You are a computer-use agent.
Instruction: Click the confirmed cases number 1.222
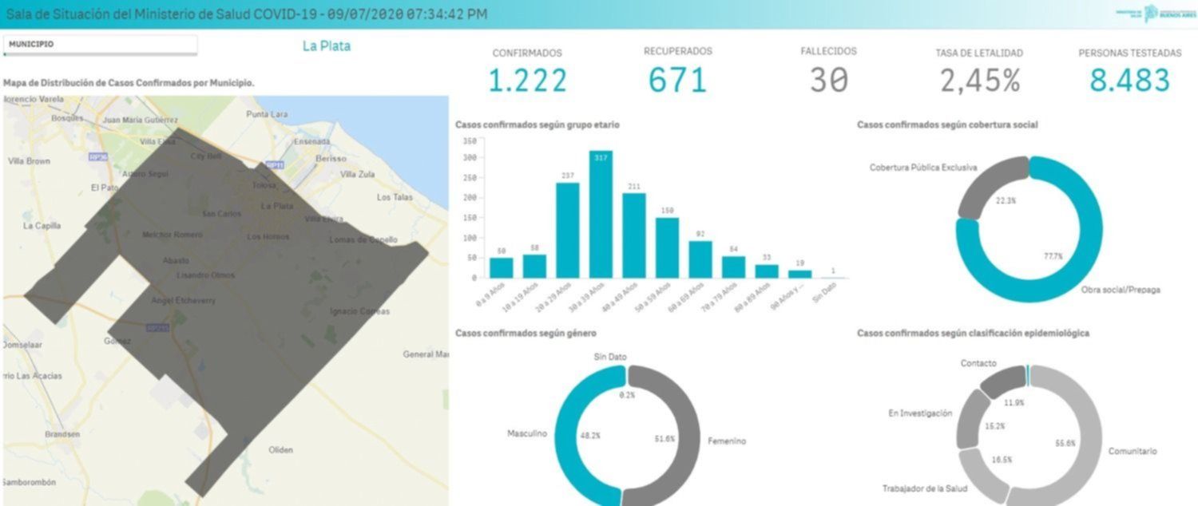click(527, 81)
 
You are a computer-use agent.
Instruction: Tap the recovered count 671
click(677, 81)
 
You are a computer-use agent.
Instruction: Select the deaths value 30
click(828, 81)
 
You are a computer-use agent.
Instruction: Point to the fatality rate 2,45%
click(979, 81)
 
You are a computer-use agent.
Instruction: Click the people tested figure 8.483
click(1129, 81)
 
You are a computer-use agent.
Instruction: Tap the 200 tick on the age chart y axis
click(470, 197)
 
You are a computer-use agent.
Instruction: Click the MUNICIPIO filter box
click(100, 45)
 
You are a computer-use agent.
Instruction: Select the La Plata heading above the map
click(326, 45)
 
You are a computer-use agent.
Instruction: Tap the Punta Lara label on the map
click(267, 114)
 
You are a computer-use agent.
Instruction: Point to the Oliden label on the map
click(281, 450)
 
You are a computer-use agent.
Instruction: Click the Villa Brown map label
click(29, 161)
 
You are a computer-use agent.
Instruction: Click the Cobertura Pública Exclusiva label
click(923, 168)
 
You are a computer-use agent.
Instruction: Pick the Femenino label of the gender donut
click(727, 441)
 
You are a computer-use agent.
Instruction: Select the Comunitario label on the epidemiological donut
click(1132, 452)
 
